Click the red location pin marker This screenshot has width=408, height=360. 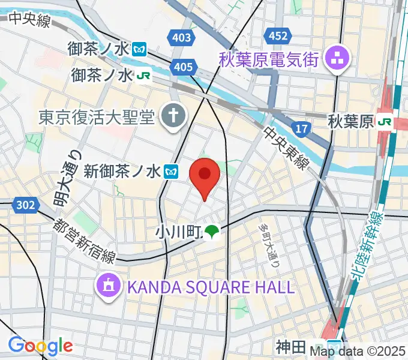pyautogui.click(x=205, y=176)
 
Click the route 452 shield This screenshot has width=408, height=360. pyautogui.click(x=278, y=36)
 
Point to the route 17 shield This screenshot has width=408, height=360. pyautogui.click(x=302, y=127)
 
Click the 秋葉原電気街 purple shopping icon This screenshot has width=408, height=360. pyautogui.click(x=332, y=58)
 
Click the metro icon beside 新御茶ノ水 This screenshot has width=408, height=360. pyautogui.click(x=172, y=172)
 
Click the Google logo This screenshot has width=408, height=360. pyautogui.click(x=40, y=346)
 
